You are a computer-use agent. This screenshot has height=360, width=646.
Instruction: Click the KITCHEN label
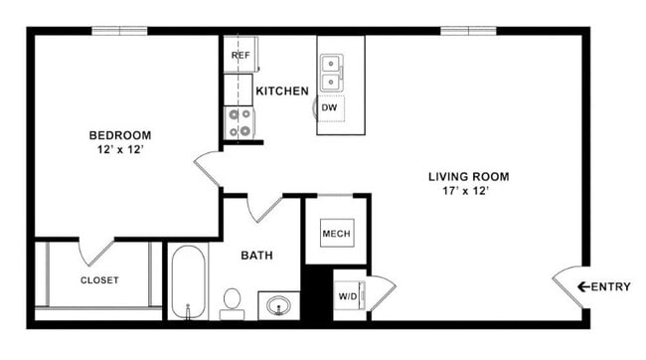tap(282, 91)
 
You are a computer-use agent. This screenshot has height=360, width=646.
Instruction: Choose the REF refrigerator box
tap(240, 56)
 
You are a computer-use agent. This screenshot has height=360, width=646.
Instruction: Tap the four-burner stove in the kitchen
tap(240, 122)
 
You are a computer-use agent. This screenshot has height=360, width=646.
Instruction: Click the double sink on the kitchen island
tap(333, 73)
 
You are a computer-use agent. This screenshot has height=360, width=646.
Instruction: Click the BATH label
tap(257, 256)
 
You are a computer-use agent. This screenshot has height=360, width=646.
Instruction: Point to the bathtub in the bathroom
tap(186, 281)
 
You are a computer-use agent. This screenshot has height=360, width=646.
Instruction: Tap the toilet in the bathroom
tap(232, 299)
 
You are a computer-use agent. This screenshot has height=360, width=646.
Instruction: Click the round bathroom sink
tap(278, 304)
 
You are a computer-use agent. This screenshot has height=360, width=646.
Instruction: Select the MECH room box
tap(334, 234)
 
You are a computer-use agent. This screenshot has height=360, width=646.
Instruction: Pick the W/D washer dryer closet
tap(349, 295)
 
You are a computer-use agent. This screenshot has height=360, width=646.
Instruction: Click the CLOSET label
tap(99, 280)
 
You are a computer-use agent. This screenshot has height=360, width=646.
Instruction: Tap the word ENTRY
tap(610, 287)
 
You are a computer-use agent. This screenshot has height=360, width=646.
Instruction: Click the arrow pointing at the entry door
tap(583, 287)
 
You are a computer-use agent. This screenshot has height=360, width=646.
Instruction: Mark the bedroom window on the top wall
tap(119, 31)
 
